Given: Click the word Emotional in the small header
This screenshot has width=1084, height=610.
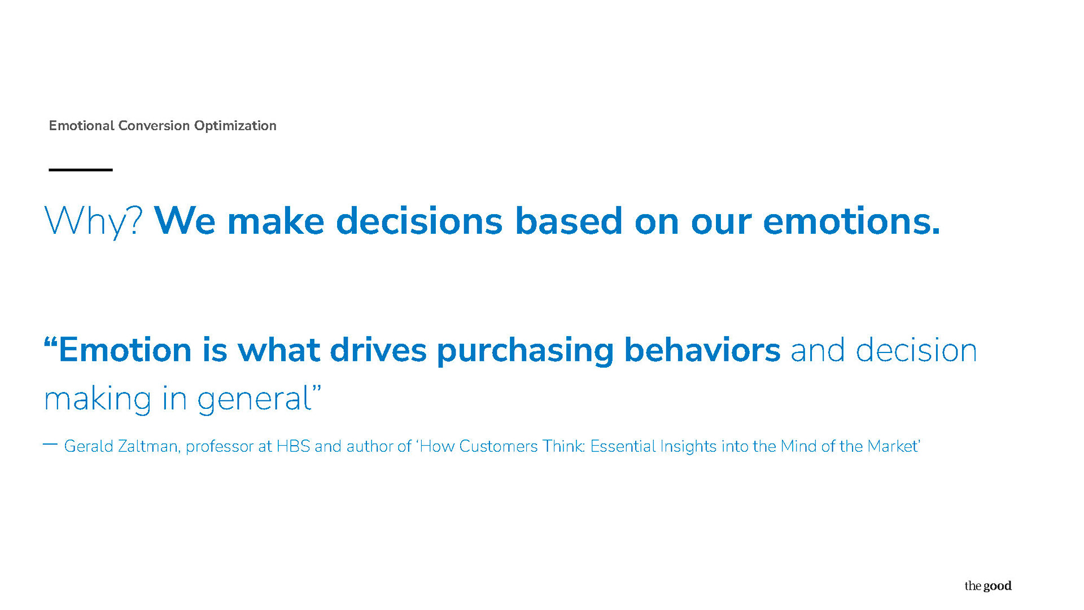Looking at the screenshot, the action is tap(81, 125).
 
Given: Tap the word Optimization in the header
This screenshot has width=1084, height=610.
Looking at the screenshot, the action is tap(235, 126).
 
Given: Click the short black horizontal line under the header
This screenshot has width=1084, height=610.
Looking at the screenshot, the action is tap(81, 169).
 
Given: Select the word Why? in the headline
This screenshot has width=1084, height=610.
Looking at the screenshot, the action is tap(93, 221).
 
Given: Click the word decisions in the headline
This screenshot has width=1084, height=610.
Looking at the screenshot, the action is tap(419, 220).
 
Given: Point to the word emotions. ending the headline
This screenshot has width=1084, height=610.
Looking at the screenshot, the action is tap(851, 220).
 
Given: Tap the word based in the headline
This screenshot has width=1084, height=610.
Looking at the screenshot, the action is tap(569, 220).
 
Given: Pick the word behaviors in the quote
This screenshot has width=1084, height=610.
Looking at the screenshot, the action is tap(702, 348).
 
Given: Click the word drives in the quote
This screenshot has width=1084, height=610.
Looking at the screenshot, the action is tap(378, 349).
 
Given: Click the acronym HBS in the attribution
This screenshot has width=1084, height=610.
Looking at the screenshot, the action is tap(293, 446).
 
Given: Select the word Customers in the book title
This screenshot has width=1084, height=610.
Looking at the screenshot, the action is tap(498, 446).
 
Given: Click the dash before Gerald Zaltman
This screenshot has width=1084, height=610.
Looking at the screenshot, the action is tap(50, 445).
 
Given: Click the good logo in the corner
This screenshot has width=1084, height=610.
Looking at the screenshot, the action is tap(988, 586).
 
